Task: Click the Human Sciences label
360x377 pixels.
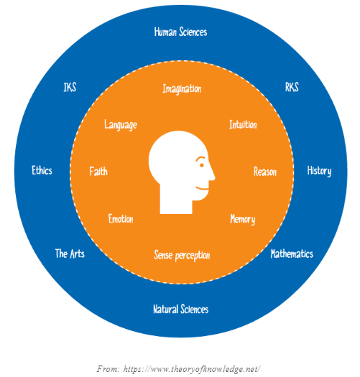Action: pos(180,32)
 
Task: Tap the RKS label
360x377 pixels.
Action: pos(292,87)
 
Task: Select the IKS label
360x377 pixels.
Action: pos(70,87)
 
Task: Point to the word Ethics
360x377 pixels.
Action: pos(42,170)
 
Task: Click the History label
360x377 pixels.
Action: pos(319,171)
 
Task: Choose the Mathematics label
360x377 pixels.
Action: pos(292,253)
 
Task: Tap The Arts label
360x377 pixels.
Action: pos(70,253)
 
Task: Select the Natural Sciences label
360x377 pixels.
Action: pos(181,309)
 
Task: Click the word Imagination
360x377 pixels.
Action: pos(182,89)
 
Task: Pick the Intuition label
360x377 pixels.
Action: pos(243,124)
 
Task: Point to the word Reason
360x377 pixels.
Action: pos(265,172)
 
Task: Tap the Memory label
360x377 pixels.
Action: pos(243,219)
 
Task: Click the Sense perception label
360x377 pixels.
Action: pos(182,256)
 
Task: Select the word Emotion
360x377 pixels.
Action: pos(121,219)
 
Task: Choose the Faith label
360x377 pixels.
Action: pos(98,171)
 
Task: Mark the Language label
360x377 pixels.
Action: pos(121,125)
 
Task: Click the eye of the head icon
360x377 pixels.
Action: pos(202,165)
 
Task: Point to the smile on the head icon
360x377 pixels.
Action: pos(202,188)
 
